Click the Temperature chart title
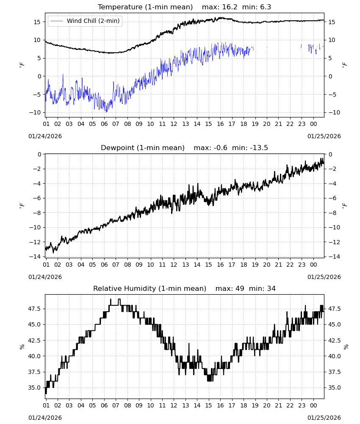[x=145, y=7]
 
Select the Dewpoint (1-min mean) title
[x=143, y=148]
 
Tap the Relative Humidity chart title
[x=150, y=288]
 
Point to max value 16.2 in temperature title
[x=230, y=7]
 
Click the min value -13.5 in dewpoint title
[x=259, y=148]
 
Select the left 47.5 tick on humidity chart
[x=34, y=309]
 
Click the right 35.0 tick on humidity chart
[x=335, y=388]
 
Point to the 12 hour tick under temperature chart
[x=174, y=124]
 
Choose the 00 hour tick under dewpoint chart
[x=313, y=265]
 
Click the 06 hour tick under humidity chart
[x=104, y=406]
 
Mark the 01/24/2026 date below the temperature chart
[x=45, y=136]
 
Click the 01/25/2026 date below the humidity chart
[x=324, y=418]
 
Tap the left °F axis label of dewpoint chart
[x=22, y=206]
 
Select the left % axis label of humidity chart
[x=22, y=347]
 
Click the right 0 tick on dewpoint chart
[x=330, y=155]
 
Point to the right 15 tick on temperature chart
[x=332, y=22]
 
